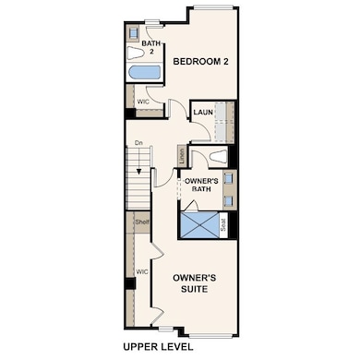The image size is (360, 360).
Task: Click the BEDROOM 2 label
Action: [x=198, y=62]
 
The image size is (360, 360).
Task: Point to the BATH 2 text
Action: [x=148, y=48]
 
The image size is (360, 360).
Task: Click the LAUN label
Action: [x=204, y=113]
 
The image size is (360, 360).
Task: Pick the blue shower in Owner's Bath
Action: [x=200, y=225]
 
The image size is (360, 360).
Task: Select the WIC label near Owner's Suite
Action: [x=142, y=272]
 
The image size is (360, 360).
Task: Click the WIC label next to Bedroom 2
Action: [x=143, y=103]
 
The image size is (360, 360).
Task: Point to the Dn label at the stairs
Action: [x=138, y=143]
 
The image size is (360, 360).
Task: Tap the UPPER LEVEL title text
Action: [x=158, y=347]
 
